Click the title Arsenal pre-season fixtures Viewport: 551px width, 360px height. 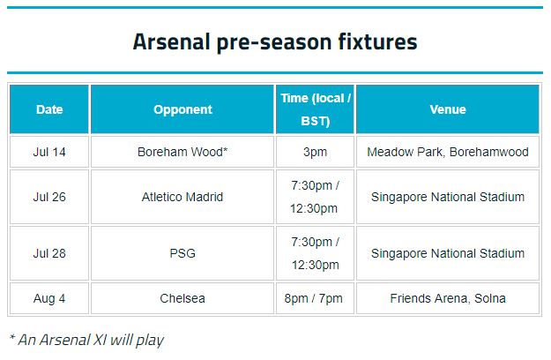(x=275, y=41)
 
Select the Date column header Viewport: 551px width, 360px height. (x=49, y=109)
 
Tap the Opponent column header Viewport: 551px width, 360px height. (x=182, y=109)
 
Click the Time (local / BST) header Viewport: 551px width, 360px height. (x=316, y=109)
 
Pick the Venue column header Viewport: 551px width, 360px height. (x=448, y=109)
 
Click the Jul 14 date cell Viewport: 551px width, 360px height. (x=49, y=152)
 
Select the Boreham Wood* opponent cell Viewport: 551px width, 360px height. (x=182, y=152)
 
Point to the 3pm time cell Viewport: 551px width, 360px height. (x=316, y=152)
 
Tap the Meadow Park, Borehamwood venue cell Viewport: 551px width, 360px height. (x=448, y=152)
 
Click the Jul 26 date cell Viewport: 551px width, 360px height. (x=49, y=197)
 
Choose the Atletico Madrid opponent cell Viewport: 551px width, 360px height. (x=182, y=197)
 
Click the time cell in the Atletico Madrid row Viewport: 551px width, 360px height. (x=316, y=197)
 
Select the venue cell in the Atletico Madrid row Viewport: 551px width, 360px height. (x=448, y=197)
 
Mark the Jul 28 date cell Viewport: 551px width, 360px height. (x=49, y=253)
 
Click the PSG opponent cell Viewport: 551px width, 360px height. (x=182, y=253)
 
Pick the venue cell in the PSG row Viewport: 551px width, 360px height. (x=448, y=253)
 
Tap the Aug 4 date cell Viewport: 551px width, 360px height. (x=49, y=298)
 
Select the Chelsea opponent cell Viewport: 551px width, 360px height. (x=182, y=298)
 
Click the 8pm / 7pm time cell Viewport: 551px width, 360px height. (x=316, y=298)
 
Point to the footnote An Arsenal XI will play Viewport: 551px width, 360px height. (x=86, y=340)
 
